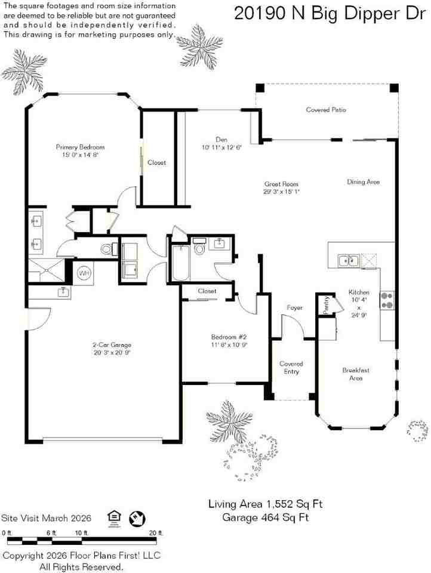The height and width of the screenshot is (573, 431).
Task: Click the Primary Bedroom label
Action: [80, 147]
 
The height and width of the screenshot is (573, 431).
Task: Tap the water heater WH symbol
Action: [84, 273]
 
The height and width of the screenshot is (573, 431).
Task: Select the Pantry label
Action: [326, 305]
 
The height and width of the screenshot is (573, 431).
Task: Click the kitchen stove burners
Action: [387, 300]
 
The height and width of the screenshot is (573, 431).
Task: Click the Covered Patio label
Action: [326, 110]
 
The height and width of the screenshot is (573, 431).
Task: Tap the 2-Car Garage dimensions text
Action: [112, 353]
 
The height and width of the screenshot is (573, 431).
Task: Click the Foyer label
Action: [295, 307]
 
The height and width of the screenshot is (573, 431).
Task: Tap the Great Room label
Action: [281, 184]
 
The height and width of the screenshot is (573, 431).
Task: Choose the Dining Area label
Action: [364, 181]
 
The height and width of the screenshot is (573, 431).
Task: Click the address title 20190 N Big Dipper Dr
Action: [331, 13]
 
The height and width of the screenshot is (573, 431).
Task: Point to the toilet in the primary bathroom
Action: [107, 249]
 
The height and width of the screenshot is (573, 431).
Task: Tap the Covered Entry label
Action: [291, 368]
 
